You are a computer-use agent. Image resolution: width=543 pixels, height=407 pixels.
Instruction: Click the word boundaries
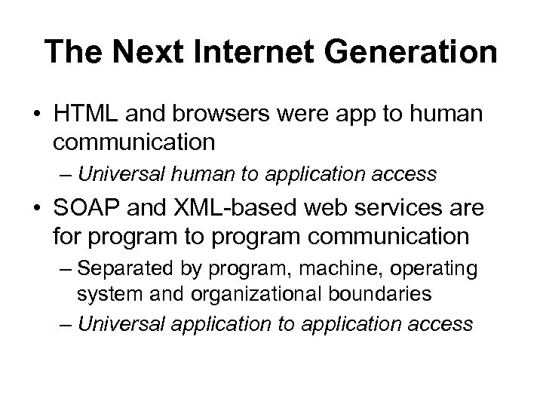[382, 294]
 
